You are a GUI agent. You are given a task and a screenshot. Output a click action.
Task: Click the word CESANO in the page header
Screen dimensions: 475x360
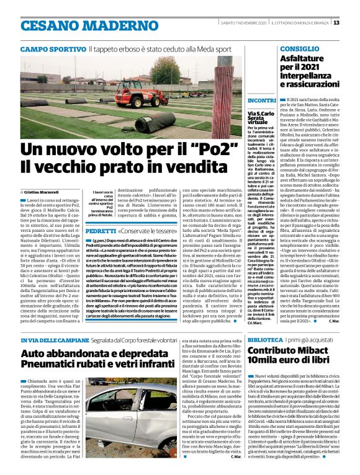pyautogui.click(x=45, y=25)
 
